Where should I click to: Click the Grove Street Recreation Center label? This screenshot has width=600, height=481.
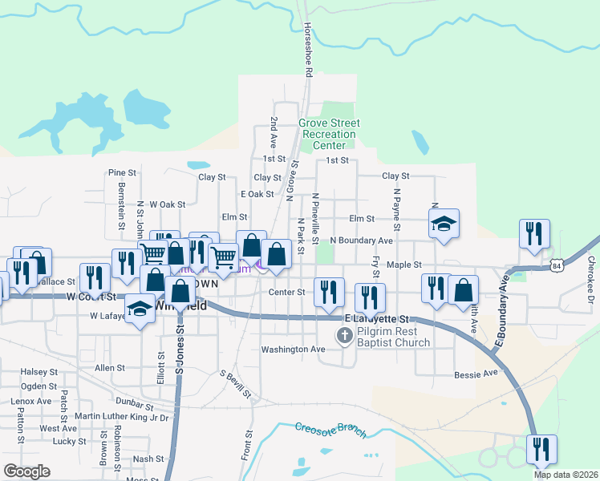[x=329, y=135]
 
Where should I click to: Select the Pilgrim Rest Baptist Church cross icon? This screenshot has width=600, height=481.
[x=346, y=335]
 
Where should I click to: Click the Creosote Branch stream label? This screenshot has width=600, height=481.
[x=330, y=430]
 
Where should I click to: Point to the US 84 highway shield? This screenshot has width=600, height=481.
[x=555, y=265]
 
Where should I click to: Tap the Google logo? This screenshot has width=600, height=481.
[x=26, y=471]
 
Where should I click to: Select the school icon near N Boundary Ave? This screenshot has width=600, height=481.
[x=444, y=224]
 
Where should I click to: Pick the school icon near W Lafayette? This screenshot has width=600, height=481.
[x=140, y=309]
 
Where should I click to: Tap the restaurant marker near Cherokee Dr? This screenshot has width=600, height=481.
[x=534, y=235]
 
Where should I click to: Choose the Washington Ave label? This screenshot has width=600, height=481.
[x=293, y=350]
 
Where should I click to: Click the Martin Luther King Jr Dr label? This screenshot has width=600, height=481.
[x=121, y=417]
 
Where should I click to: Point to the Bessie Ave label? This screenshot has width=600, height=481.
[x=476, y=374]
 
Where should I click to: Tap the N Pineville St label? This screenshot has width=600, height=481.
[x=315, y=218]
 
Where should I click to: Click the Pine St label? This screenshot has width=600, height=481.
[x=123, y=172]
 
